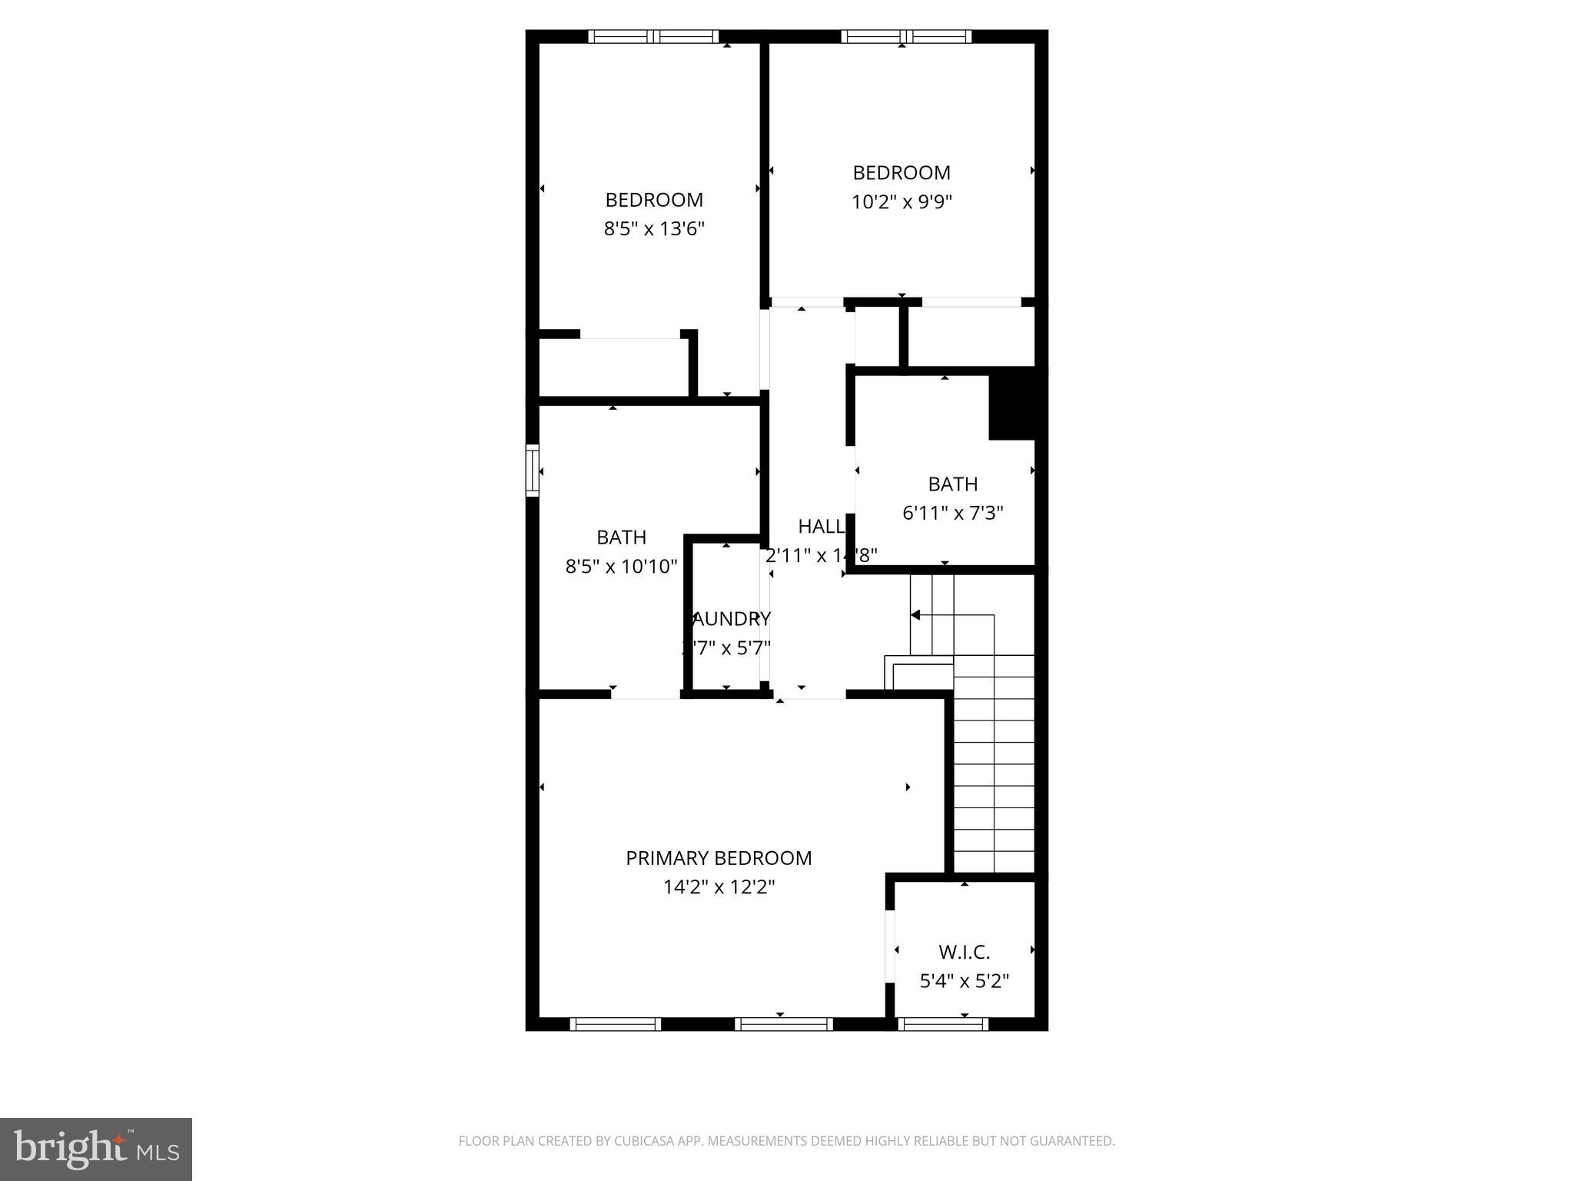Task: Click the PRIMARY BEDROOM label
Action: pyautogui.click(x=719, y=858)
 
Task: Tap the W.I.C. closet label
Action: pyautogui.click(x=964, y=953)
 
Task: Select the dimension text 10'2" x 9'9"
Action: pyautogui.click(x=902, y=202)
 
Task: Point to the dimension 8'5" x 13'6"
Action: pyautogui.click(x=654, y=229)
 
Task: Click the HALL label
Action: pyautogui.click(x=821, y=527)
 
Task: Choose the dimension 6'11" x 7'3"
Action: pyautogui.click(x=953, y=513)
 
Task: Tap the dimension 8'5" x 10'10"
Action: pyautogui.click(x=621, y=567)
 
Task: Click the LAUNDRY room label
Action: pyautogui.click(x=729, y=619)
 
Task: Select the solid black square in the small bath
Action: pyautogui.click(x=1011, y=404)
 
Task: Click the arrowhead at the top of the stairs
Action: pyautogui.click(x=915, y=615)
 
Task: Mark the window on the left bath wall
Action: pyautogui.click(x=532, y=470)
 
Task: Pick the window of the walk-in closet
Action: pyautogui.click(x=942, y=1023)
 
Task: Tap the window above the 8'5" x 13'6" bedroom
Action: pyautogui.click(x=653, y=36)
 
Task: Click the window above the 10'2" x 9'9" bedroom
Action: pyautogui.click(x=906, y=36)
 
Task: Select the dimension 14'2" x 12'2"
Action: pyautogui.click(x=719, y=887)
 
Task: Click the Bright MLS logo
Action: pyautogui.click(x=96, y=1149)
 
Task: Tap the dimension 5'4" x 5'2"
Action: pyautogui.click(x=964, y=982)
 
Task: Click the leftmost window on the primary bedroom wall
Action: pyautogui.click(x=615, y=1023)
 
